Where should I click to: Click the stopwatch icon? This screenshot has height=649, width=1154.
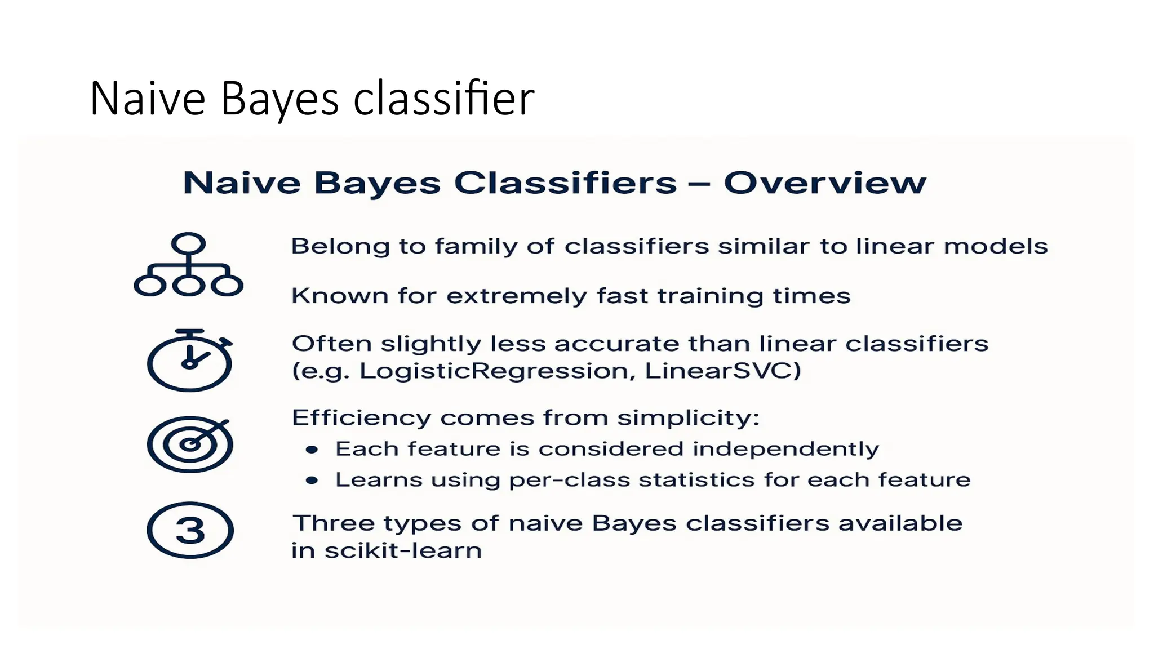pyautogui.click(x=189, y=361)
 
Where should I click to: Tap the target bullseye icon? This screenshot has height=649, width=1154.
pyautogui.click(x=190, y=444)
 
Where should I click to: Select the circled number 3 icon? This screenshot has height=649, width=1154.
pyautogui.click(x=190, y=530)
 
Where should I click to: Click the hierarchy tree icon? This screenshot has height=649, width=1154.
pyautogui.click(x=188, y=265)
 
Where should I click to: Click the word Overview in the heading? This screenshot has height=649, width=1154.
pyautogui.click(x=825, y=183)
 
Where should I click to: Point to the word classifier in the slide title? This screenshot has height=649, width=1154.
pyautogui.click(x=443, y=99)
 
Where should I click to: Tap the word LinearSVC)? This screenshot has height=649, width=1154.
pyautogui.click(x=722, y=371)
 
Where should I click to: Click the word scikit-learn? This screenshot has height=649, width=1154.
pyautogui.click(x=403, y=550)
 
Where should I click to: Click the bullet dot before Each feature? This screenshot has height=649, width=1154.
pyautogui.click(x=312, y=450)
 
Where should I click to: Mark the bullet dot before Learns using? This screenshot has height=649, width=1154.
pyautogui.click(x=312, y=481)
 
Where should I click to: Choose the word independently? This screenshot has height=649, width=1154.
pyautogui.click(x=785, y=450)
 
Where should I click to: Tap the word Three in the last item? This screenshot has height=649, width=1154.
pyautogui.click(x=334, y=523)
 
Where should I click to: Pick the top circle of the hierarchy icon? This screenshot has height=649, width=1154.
pyautogui.click(x=188, y=244)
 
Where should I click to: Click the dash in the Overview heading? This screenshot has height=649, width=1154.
pyautogui.click(x=699, y=183)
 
